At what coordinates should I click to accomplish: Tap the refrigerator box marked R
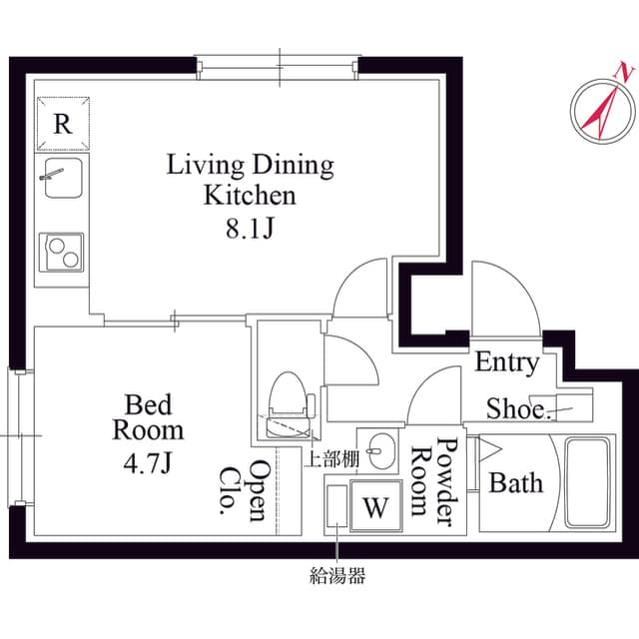click(62, 125)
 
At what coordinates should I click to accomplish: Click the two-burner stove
click(62, 252)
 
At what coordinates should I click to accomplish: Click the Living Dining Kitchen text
click(250, 179)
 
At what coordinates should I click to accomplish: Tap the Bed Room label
click(148, 417)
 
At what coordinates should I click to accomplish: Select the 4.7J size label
click(148, 462)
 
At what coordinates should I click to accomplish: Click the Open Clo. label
click(245, 490)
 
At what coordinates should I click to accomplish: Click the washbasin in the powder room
click(377, 450)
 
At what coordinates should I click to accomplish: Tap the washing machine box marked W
click(375, 506)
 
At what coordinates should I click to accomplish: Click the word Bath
click(516, 483)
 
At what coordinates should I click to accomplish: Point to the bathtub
click(588, 482)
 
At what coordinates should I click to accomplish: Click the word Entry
click(506, 362)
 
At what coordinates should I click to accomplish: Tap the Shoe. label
click(518, 408)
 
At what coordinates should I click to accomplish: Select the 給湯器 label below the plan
click(337, 575)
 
